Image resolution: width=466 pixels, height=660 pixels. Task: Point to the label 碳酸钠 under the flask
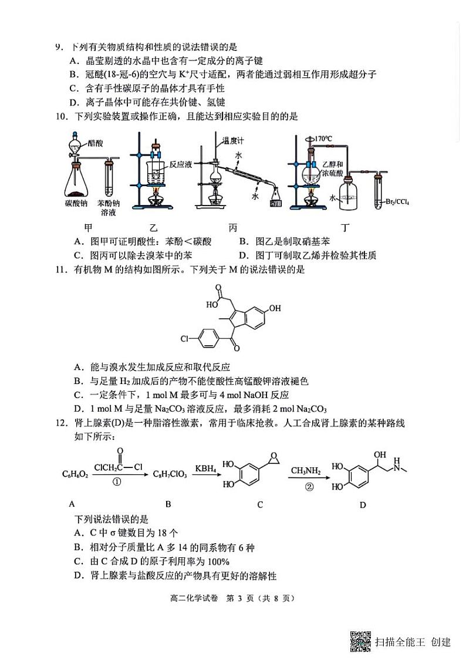pyautogui.click(x=76, y=203)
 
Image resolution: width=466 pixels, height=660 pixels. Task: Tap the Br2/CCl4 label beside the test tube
pyautogui.click(x=397, y=203)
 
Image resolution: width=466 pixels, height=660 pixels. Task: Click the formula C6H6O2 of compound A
pyautogui.click(x=75, y=474)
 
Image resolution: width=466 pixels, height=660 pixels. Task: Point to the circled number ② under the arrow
pyautogui.click(x=305, y=487)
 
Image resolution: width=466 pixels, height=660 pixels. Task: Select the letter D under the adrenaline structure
pyautogui.click(x=362, y=505)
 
